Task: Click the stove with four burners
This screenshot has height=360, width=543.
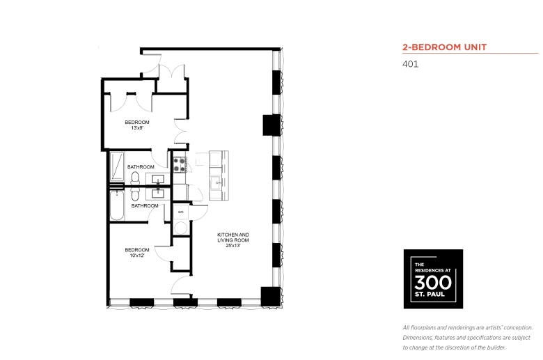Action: point(180,165)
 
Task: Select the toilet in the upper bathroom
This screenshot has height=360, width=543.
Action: point(135,178)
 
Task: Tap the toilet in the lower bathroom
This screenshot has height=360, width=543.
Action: point(135,195)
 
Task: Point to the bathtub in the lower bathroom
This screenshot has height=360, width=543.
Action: point(117,205)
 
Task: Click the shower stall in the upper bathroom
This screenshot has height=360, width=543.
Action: point(117,166)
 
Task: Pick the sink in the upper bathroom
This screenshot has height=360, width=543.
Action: point(158,179)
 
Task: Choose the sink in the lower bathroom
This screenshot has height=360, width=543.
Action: point(158,194)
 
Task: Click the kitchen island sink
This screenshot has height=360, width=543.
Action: point(217,182)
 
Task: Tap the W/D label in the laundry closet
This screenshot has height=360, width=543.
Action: point(180,212)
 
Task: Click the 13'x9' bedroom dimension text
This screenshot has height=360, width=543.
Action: point(137,128)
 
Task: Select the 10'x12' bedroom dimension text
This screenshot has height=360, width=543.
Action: point(137,256)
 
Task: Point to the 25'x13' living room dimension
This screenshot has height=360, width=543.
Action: point(233,246)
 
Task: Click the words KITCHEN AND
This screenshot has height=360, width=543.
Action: point(233,235)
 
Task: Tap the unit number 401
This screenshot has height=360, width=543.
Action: point(410,64)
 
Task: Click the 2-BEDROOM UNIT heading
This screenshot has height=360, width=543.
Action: point(445,47)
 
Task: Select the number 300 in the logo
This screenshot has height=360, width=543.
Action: point(433,283)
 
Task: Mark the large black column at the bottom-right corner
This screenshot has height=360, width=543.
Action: point(271,297)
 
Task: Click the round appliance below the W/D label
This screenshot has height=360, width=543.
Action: point(180,228)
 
